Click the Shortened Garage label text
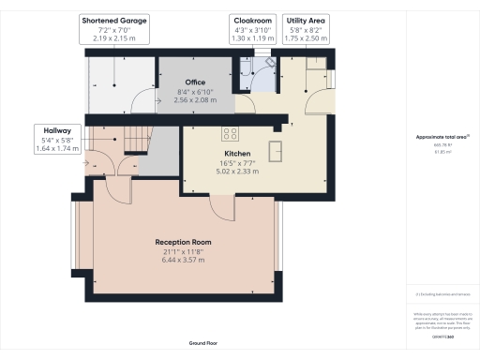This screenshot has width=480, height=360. tap(114, 20)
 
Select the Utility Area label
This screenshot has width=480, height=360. tap(306, 20)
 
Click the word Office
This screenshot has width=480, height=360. tap(194, 82)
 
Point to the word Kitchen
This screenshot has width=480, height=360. tap(236, 153)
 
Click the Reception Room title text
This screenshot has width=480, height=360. tap(183, 242)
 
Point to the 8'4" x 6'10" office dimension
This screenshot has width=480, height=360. tap(194, 91)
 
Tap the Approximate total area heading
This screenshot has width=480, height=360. tap(442, 137)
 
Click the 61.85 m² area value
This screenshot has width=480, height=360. tap(442, 152)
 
